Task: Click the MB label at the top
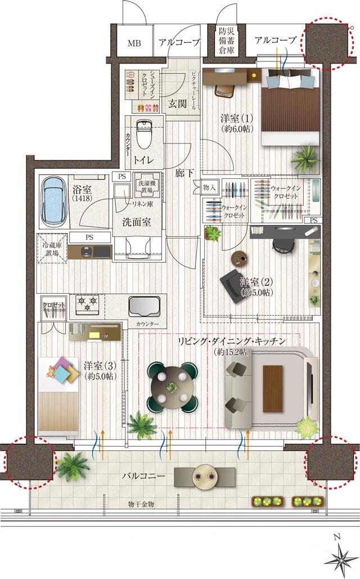[134, 42]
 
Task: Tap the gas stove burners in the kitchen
[87, 304]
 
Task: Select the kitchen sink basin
[143, 307]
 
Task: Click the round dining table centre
[172, 387]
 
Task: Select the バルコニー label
[143, 477]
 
